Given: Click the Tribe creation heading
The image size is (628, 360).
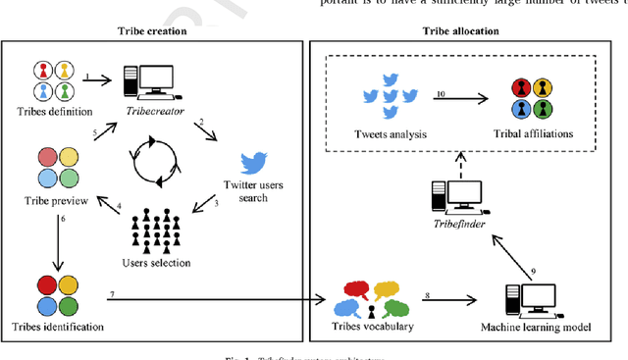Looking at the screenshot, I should tap(150, 30).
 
